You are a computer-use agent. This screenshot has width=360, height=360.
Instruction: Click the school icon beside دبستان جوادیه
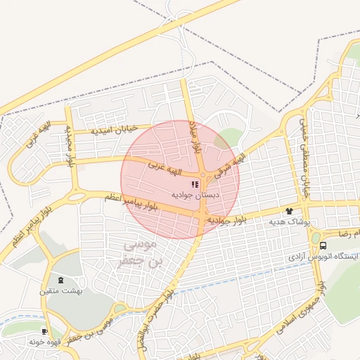(x=195, y=184)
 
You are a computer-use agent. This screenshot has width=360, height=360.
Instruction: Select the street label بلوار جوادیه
(x=227, y=220)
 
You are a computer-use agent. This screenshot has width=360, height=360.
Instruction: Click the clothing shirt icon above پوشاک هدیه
(x=289, y=211)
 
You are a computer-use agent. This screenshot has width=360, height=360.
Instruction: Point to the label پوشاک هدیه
(x=289, y=221)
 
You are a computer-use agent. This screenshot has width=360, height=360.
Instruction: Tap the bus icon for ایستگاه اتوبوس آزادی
(x=323, y=245)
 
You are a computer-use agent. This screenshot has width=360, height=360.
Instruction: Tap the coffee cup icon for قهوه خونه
(x=45, y=331)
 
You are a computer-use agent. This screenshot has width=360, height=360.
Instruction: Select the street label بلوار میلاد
(x=198, y=137)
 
